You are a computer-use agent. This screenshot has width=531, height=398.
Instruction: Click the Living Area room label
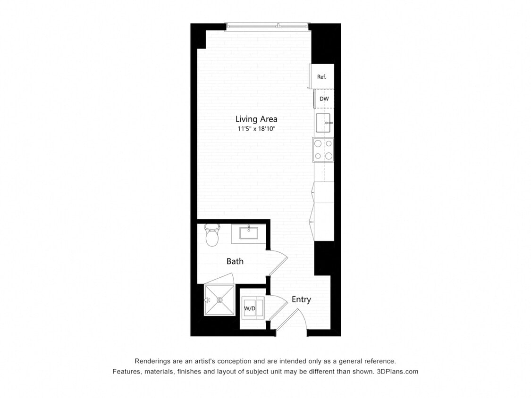tap(256, 119)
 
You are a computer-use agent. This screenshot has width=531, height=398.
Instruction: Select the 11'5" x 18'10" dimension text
tap(256, 128)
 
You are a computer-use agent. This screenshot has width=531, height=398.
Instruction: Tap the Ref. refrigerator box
tap(322, 76)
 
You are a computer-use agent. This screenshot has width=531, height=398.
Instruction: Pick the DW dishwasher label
tap(324, 99)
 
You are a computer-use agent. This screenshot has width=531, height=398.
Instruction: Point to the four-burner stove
tap(323, 149)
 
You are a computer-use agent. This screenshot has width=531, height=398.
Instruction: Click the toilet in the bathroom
tap(212, 235)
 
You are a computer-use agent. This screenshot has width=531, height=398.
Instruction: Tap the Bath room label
tap(235, 261)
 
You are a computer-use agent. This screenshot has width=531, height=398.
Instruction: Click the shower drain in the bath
tap(220, 300)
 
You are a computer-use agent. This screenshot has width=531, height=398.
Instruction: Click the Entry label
tap(301, 299)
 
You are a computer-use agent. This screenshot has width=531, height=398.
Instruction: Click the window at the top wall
tap(267, 26)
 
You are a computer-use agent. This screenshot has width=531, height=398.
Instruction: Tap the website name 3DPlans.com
tap(397, 372)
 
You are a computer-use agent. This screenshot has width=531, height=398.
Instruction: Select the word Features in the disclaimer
tap(126, 372)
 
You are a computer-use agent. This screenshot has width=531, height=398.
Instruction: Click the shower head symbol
tap(207, 300)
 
